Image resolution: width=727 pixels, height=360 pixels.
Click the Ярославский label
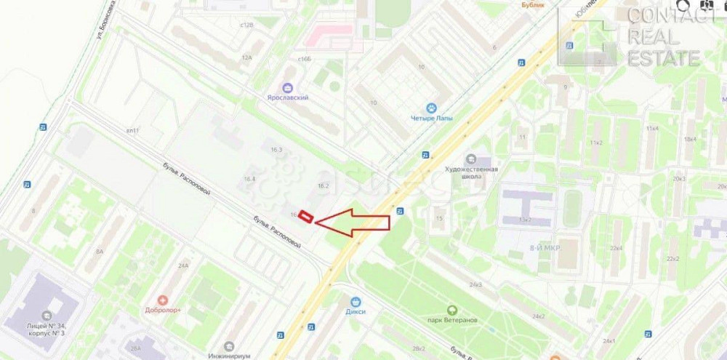tap(286, 97)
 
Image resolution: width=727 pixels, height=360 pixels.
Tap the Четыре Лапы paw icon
tap(430, 108)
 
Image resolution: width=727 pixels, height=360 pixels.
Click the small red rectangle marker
tap(308, 217)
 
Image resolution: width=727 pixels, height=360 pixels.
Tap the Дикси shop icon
tap(356, 301)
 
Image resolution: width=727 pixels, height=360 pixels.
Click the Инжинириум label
tap(228, 356)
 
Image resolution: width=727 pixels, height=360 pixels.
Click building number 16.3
tap(276, 149)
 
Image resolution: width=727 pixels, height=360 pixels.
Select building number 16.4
tap(249, 179)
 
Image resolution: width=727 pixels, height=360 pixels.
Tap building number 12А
tap(246, 57)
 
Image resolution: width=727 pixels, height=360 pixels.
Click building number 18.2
tap(324, 186)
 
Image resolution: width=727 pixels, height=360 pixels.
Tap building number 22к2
tap(673, 258)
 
